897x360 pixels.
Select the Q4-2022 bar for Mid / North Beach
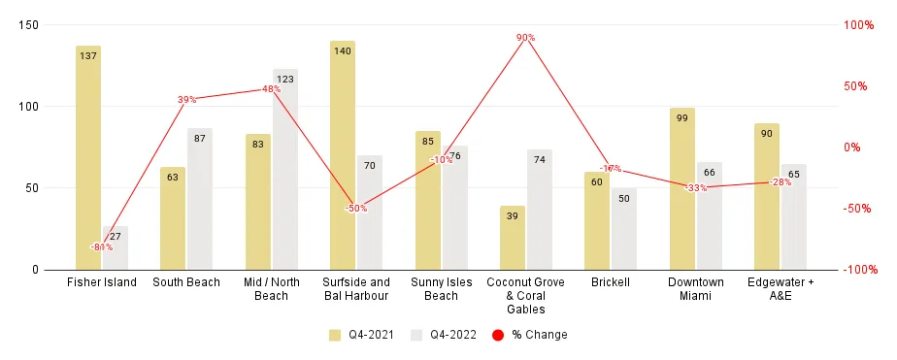[x=285, y=169]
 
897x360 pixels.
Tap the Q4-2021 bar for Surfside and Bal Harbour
[x=343, y=155]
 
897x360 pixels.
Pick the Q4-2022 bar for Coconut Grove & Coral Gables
[x=540, y=210]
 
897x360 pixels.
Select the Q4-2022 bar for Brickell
[x=624, y=228]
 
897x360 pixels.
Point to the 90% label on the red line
[x=525, y=38]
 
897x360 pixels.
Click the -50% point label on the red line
[x=355, y=209]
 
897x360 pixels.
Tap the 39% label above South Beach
[x=186, y=99]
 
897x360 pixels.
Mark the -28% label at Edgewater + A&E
[x=781, y=182]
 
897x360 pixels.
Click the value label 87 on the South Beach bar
[x=199, y=139]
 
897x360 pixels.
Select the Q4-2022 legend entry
[x=444, y=335]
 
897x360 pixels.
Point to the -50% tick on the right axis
[x=854, y=209]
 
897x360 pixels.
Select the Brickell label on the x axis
[x=610, y=282]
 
